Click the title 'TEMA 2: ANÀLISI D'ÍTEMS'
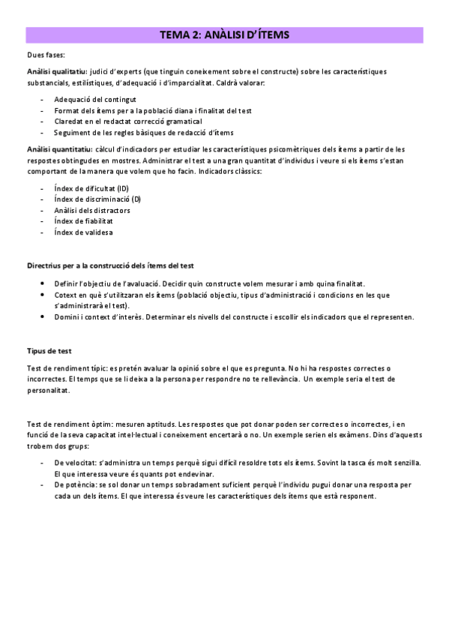point(225,35)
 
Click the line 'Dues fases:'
point(45,55)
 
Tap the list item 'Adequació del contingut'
point(94,99)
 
